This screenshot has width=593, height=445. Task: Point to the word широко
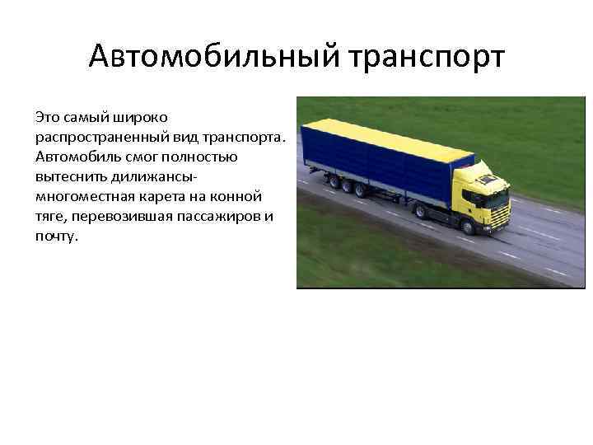pos(138,117)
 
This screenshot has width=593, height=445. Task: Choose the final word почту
pos(56,236)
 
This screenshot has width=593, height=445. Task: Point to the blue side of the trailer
pos(371,165)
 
